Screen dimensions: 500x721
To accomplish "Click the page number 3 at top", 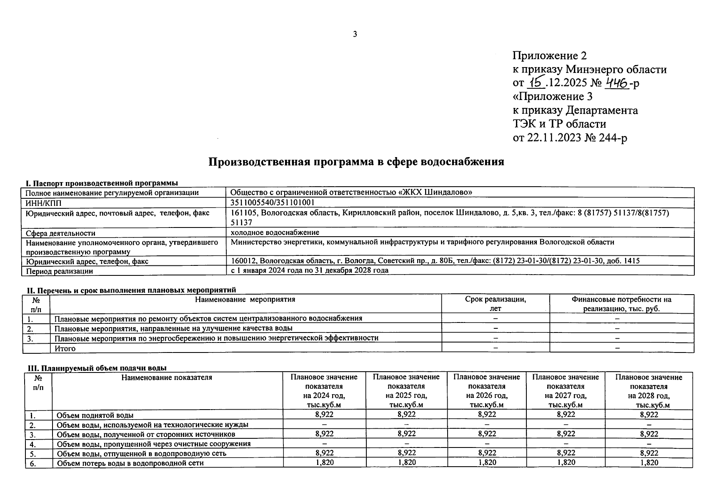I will click(355, 34).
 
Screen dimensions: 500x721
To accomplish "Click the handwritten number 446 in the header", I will click(617, 83).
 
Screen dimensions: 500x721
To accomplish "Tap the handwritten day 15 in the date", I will click(535, 83).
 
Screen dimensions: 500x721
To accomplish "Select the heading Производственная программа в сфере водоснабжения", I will click(356, 162).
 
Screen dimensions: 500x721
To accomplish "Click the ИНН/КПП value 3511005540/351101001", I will click(272, 202).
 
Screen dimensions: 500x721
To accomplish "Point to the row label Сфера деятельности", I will click(60, 233).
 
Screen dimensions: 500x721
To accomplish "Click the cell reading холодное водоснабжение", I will click(275, 232).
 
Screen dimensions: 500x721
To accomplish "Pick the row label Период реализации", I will click(59, 271).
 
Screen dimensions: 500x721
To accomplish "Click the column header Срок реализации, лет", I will click(495, 304).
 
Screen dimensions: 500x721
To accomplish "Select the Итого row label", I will click(65, 348).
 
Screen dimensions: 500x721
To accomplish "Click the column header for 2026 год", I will click(486, 391).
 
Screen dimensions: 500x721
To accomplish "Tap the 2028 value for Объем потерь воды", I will click(648, 462).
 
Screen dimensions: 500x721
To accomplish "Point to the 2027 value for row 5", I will click(566, 453).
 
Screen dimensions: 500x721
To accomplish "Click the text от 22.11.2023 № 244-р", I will click(569, 138).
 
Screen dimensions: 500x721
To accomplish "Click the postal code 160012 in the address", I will click(243, 261).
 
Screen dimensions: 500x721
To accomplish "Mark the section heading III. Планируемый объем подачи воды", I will click(97, 368).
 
